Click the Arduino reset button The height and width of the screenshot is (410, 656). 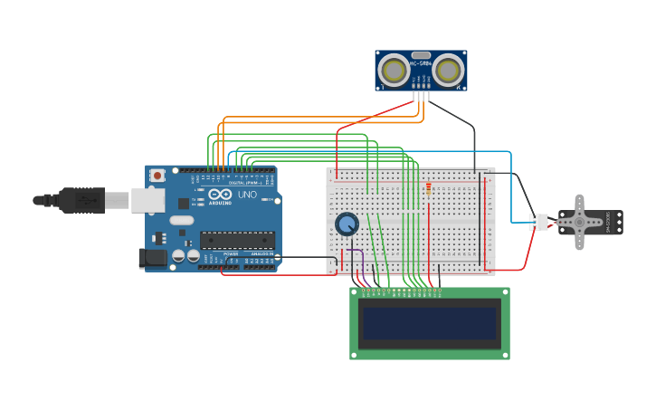click(x=157, y=175)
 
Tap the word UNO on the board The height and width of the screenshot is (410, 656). click(x=247, y=195)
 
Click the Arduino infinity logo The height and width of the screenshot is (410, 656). click(x=220, y=194)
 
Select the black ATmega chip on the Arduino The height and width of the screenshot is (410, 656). click(x=237, y=240)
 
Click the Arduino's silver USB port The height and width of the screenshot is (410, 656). click(x=147, y=200)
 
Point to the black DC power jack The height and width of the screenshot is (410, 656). click(x=153, y=258)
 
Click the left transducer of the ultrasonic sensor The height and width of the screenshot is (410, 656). click(x=394, y=70)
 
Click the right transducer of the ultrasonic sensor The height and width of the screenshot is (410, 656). click(x=448, y=70)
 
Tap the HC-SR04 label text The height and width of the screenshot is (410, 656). click(x=421, y=63)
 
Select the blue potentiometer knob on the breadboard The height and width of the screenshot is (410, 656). click(x=347, y=224)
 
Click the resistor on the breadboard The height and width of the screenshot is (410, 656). click(x=428, y=187)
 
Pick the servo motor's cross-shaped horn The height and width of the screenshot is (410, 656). click(x=579, y=222)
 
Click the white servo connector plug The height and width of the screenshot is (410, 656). click(x=538, y=222)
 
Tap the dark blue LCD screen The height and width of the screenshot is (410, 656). click(x=429, y=323)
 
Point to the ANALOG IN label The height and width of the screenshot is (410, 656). click(x=260, y=254)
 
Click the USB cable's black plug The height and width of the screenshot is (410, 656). click(x=81, y=200)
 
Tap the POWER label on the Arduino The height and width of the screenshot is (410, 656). click(x=230, y=254)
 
